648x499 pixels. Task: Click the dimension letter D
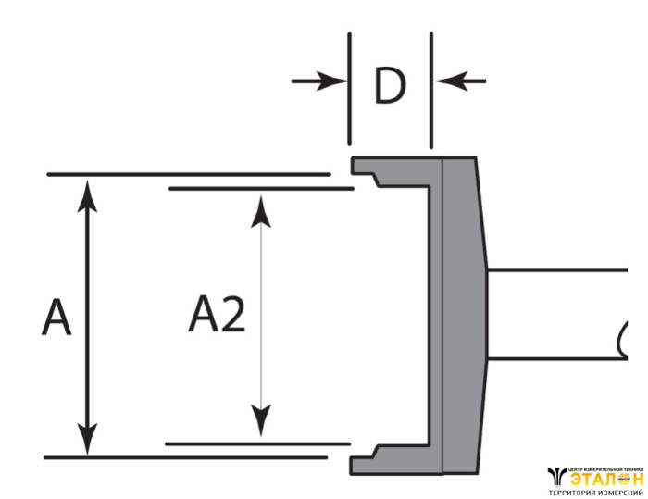pos(390,85)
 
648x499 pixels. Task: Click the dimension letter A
pos(56,318)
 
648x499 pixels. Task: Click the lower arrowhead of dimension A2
pos(262,424)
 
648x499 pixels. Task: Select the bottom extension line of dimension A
pos(185,457)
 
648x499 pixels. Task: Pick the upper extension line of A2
pos(259,189)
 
